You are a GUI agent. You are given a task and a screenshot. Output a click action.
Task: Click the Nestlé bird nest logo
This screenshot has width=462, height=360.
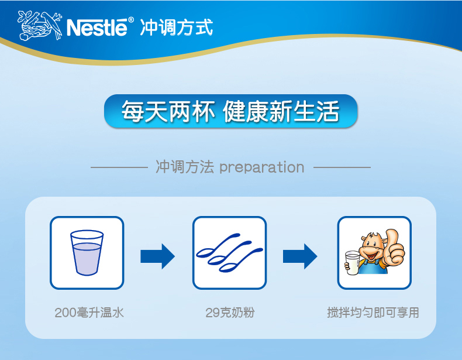point(40,25)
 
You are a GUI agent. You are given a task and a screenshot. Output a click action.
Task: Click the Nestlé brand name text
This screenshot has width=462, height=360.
point(97,27)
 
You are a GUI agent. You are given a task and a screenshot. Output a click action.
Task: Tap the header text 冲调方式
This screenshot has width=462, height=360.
point(177,28)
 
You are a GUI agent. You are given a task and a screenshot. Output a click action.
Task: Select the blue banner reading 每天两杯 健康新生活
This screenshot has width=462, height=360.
point(230,111)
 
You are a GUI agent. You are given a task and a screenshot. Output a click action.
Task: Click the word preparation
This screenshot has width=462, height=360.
point(262,167)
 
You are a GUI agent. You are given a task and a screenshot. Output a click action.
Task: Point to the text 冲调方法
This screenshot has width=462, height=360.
point(185,167)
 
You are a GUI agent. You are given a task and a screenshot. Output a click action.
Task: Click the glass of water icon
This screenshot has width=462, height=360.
point(87,253)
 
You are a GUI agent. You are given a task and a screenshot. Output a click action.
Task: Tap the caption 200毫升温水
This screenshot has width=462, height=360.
point(89,313)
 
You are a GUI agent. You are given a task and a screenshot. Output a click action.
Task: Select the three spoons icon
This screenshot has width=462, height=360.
point(229,252)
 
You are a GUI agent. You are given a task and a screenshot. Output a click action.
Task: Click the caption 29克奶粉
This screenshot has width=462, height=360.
point(230,313)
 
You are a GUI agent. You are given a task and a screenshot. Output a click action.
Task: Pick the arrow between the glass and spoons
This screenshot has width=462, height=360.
point(158,256)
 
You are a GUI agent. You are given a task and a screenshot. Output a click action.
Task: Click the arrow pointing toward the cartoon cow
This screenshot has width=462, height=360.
point(300,256)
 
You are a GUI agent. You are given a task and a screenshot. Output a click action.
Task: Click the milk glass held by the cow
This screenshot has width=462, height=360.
point(353,263)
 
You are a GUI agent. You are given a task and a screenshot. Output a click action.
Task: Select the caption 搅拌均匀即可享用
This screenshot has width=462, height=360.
point(373,313)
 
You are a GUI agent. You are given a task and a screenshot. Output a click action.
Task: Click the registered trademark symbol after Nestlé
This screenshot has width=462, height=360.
point(131,20)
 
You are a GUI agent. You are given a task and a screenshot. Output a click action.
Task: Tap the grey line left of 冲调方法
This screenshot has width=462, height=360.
point(119,167)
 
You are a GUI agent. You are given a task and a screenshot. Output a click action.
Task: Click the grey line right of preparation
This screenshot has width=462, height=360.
point(342,167)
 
